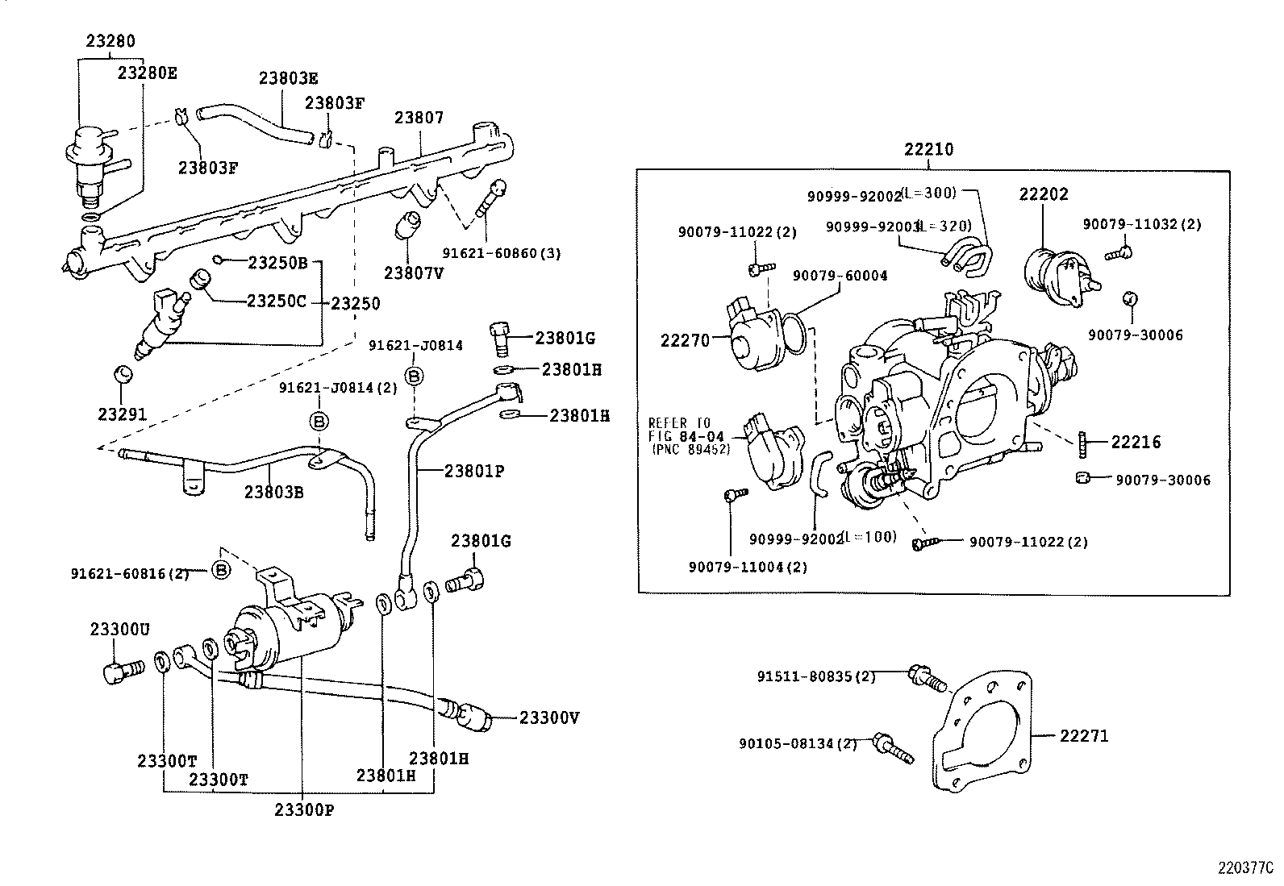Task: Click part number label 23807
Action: (419, 118)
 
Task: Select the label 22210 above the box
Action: (928, 149)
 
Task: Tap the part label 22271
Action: (1083, 735)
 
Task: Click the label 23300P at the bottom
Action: (303, 809)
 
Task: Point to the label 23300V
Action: (549, 718)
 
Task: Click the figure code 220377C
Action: (1244, 869)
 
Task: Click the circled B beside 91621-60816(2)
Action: (221, 570)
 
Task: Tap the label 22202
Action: (1043, 194)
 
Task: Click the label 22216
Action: (1136, 442)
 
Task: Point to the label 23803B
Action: (273, 491)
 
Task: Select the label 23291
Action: (122, 414)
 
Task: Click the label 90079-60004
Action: (840, 276)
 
